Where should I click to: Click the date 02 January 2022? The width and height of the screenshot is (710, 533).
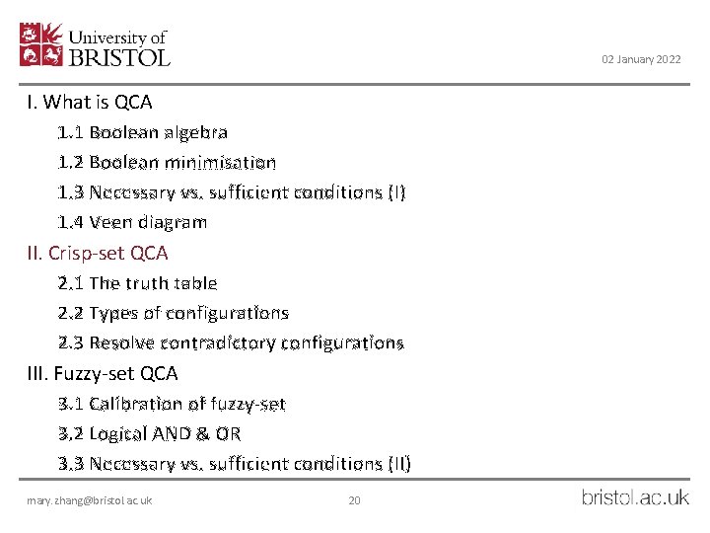click(x=641, y=60)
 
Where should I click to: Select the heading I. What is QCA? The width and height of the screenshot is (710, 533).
click(x=90, y=102)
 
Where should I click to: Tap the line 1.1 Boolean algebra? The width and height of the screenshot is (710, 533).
click(x=143, y=131)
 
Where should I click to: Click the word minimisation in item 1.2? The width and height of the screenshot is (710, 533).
click(x=230, y=162)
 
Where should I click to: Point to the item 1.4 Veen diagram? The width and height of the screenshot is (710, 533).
click(x=132, y=222)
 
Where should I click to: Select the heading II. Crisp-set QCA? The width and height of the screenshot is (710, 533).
click(x=98, y=253)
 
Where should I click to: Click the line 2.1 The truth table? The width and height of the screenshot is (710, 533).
click(x=137, y=283)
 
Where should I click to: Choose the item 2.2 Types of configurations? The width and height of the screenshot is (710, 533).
click(x=174, y=313)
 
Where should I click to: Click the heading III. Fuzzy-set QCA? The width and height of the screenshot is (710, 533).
click(x=103, y=373)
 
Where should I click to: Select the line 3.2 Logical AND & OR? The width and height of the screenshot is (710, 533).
click(x=150, y=433)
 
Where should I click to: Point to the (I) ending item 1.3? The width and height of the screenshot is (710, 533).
click(x=393, y=192)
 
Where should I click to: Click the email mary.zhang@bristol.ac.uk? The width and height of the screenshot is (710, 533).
click(x=90, y=501)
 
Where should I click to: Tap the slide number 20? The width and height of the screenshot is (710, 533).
click(x=355, y=501)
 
